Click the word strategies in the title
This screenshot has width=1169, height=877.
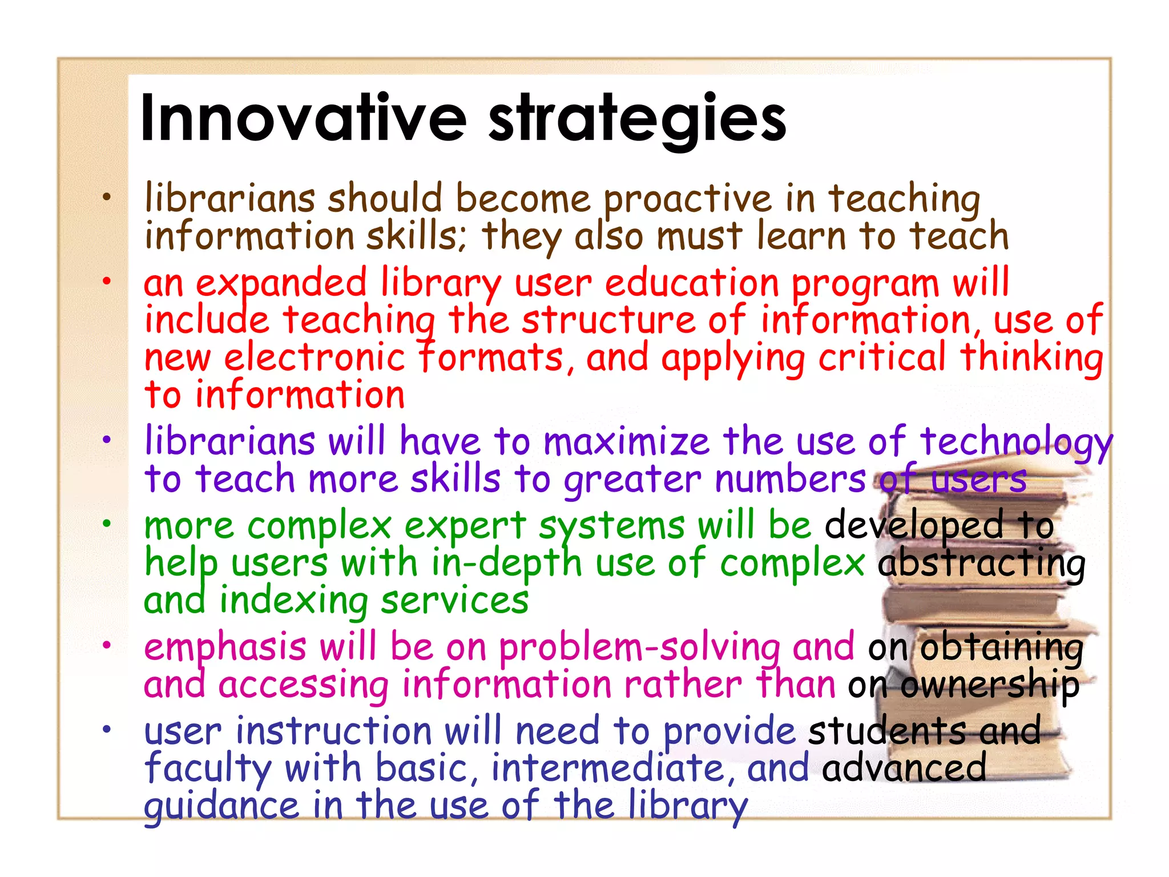(637, 119)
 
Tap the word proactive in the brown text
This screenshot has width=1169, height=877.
(687, 200)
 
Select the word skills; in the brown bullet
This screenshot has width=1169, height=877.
(416, 236)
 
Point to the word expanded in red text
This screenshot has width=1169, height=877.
(281, 284)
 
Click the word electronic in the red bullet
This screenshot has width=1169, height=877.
(314, 359)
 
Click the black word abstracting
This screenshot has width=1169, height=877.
(981, 564)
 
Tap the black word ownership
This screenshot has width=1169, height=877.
(989, 686)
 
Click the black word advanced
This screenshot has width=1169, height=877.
(904, 769)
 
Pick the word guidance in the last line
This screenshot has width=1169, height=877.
(221, 806)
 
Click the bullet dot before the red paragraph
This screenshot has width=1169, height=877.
(106, 281)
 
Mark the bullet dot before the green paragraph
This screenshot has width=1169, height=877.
(106, 524)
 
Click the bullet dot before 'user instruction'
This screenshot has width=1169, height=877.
(106, 729)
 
